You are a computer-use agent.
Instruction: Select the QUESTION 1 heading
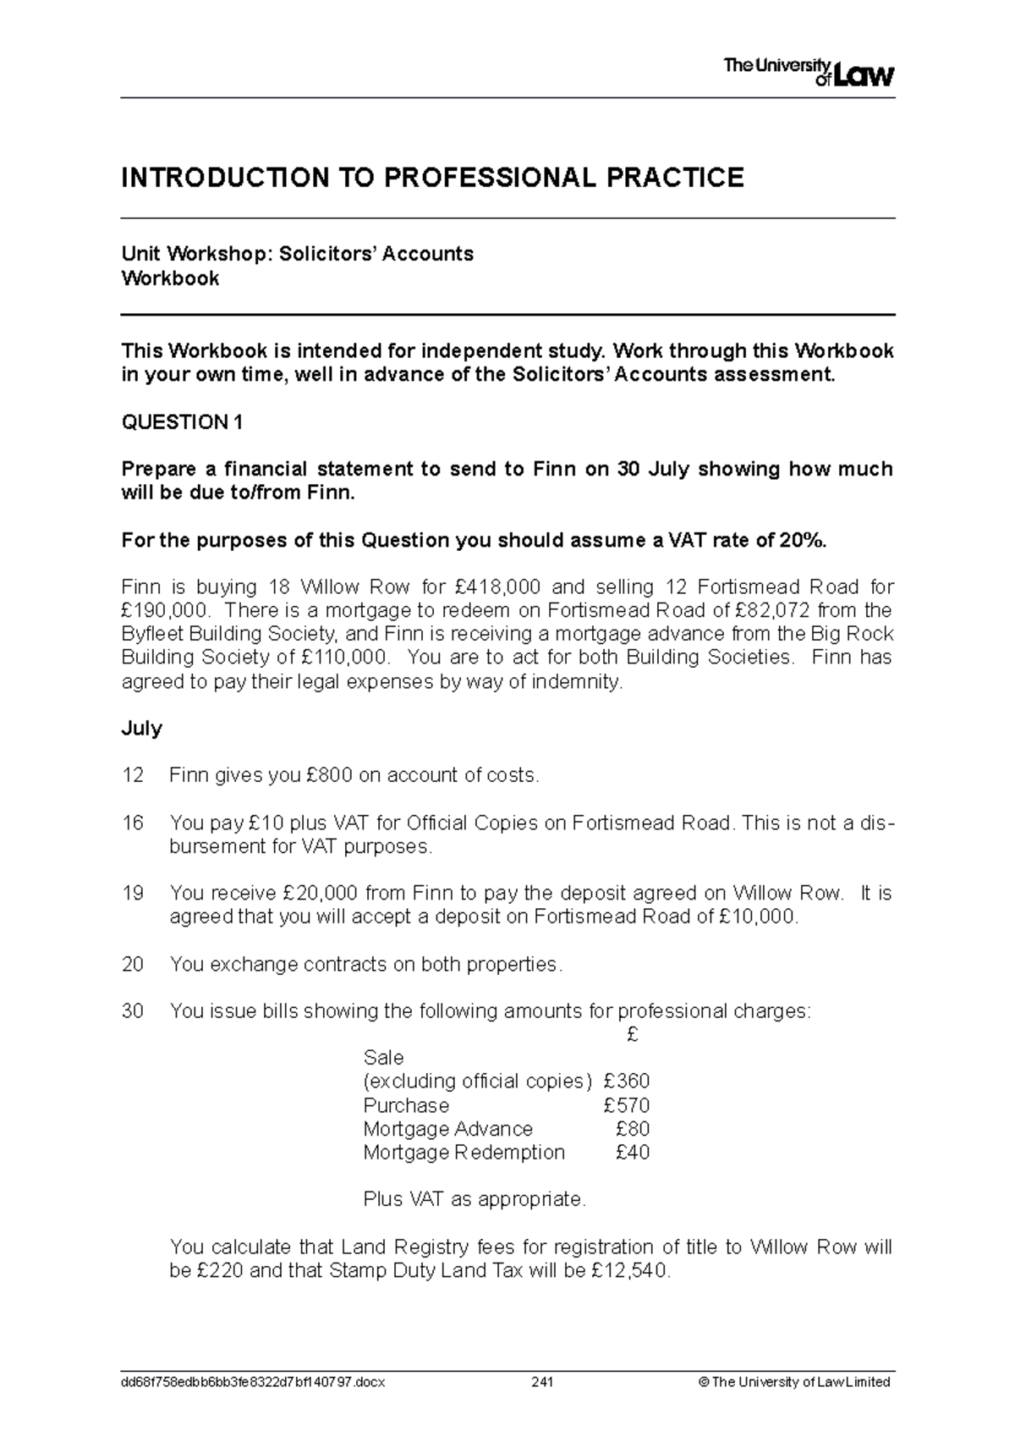pyautogui.click(x=183, y=422)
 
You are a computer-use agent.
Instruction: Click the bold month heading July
pyautogui.click(x=142, y=729)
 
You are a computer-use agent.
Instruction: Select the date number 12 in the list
pyautogui.click(x=133, y=775)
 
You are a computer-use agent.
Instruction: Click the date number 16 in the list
pyautogui.click(x=133, y=823)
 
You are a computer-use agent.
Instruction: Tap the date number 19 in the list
pyautogui.click(x=133, y=894)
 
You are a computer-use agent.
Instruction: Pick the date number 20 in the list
pyautogui.click(x=133, y=965)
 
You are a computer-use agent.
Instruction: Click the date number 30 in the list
pyautogui.click(x=133, y=1011)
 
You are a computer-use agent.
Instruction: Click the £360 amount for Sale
pyautogui.click(x=627, y=1082)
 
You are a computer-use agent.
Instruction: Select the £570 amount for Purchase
pyautogui.click(x=627, y=1105)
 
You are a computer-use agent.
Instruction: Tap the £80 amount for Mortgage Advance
pyautogui.click(x=633, y=1129)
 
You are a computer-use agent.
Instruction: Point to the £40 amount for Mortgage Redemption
pyautogui.click(x=633, y=1153)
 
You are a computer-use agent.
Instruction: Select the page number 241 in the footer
pyautogui.click(x=541, y=1382)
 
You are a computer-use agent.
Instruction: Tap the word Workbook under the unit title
pyautogui.click(x=171, y=278)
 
